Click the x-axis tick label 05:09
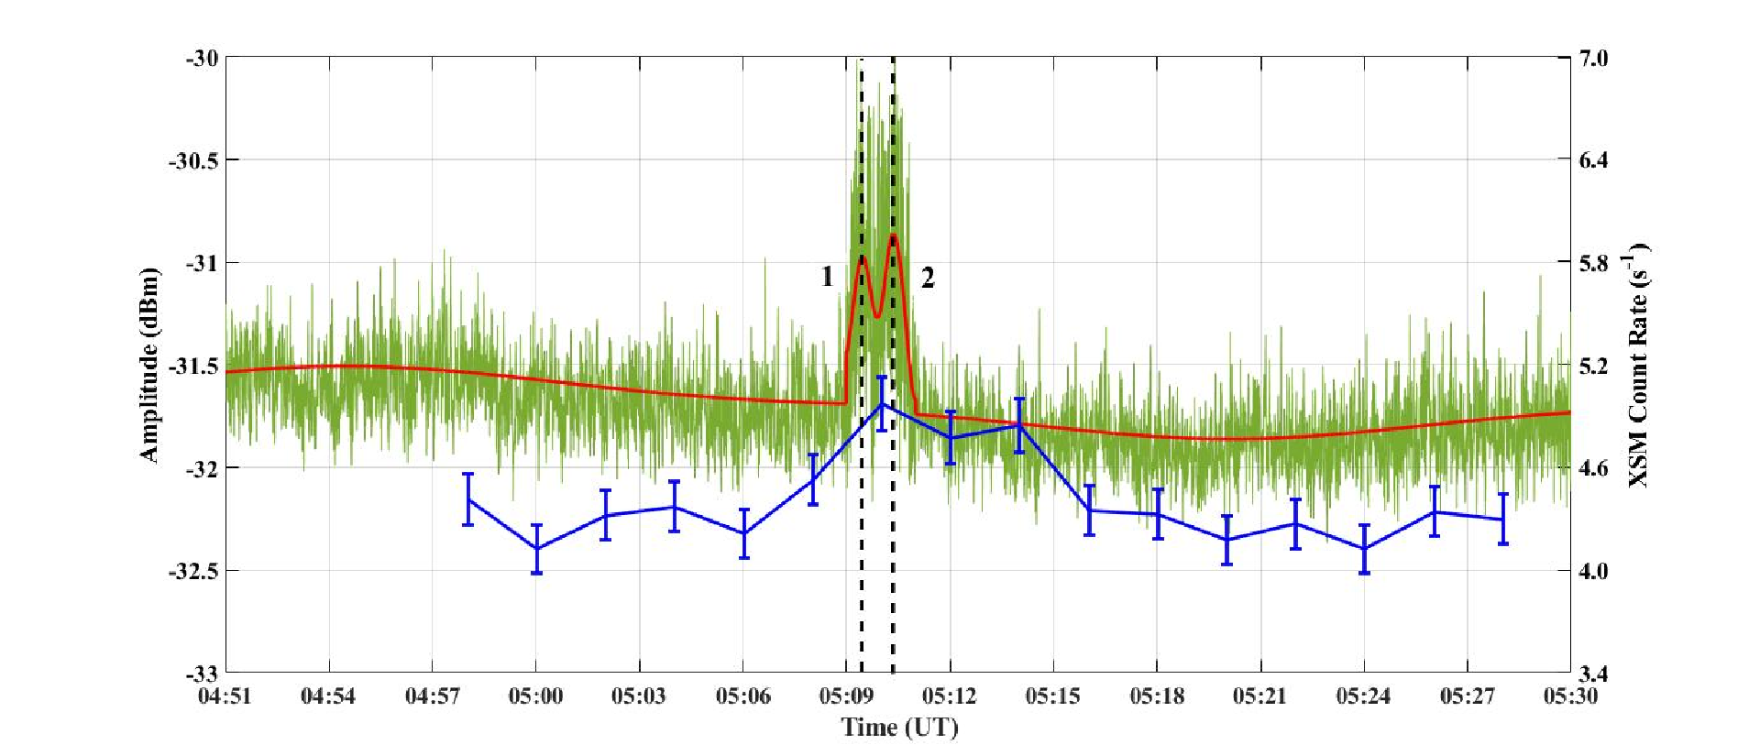(x=846, y=696)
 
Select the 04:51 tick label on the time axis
(x=225, y=696)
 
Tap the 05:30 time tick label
(x=1570, y=696)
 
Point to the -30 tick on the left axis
(x=202, y=59)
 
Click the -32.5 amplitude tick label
(x=193, y=571)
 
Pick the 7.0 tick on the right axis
(x=1593, y=59)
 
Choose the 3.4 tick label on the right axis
(x=1593, y=674)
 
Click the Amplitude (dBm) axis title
(x=148, y=365)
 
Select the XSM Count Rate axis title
(x=1638, y=365)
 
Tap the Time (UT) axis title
(x=899, y=728)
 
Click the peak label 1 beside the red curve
(x=827, y=276)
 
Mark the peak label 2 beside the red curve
(x=928, y=278)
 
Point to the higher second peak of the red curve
(x=893, y=236)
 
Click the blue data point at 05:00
(x=536, y=549)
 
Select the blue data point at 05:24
(x=1364, y=549)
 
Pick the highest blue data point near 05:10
(x=881, y=404)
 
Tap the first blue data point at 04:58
(x=467, y=499)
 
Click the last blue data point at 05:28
(x=1502, y=520)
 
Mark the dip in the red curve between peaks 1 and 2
(x=877, y=317)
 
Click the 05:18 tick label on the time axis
(x=1157, y=696)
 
